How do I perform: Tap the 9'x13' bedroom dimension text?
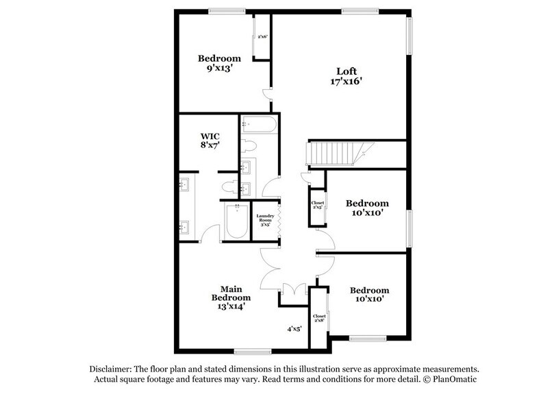pos(220,69)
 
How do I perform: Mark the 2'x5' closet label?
pos(318,206)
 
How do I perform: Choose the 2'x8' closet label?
pos(319,319)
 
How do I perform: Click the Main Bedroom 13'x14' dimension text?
pos(230,306)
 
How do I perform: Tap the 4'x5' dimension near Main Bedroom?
pos(294,329)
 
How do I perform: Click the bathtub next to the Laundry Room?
pos(237,222)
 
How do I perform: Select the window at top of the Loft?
pos(360,10)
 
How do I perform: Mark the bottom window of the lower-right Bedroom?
pos(368,338)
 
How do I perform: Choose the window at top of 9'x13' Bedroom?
pos(227,10)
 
